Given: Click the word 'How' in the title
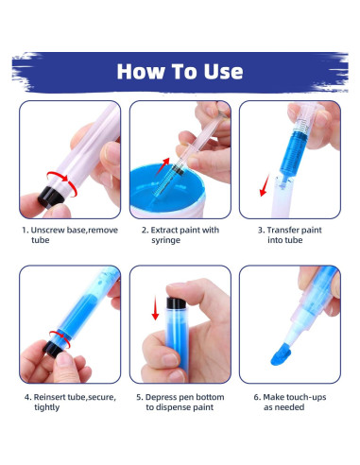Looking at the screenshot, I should (140, 71).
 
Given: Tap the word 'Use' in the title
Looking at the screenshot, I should (221, 71).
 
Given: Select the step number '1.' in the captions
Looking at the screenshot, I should (26, 229).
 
